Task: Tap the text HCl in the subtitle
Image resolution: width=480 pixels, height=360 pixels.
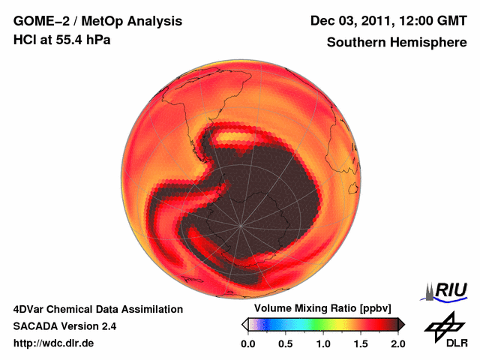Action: pyautogui.click(x=25, y=40)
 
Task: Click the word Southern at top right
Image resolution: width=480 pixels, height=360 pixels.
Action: pyautogui.click(x=355, y=42)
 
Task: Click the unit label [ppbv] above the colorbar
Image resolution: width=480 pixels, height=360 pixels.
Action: pyautogui.click(x=369, y=309)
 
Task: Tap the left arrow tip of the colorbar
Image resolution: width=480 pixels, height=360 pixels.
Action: pyautogui.click(x=244, y=324)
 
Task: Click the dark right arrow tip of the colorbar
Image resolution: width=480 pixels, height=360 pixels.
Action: pyautogui.click(x=401, y=324)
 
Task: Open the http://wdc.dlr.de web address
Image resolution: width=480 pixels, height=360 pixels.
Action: pyautogui.click(x=55, y=343)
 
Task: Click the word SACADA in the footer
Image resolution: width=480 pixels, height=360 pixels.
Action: pyautogui.click(x=39, y=326)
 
